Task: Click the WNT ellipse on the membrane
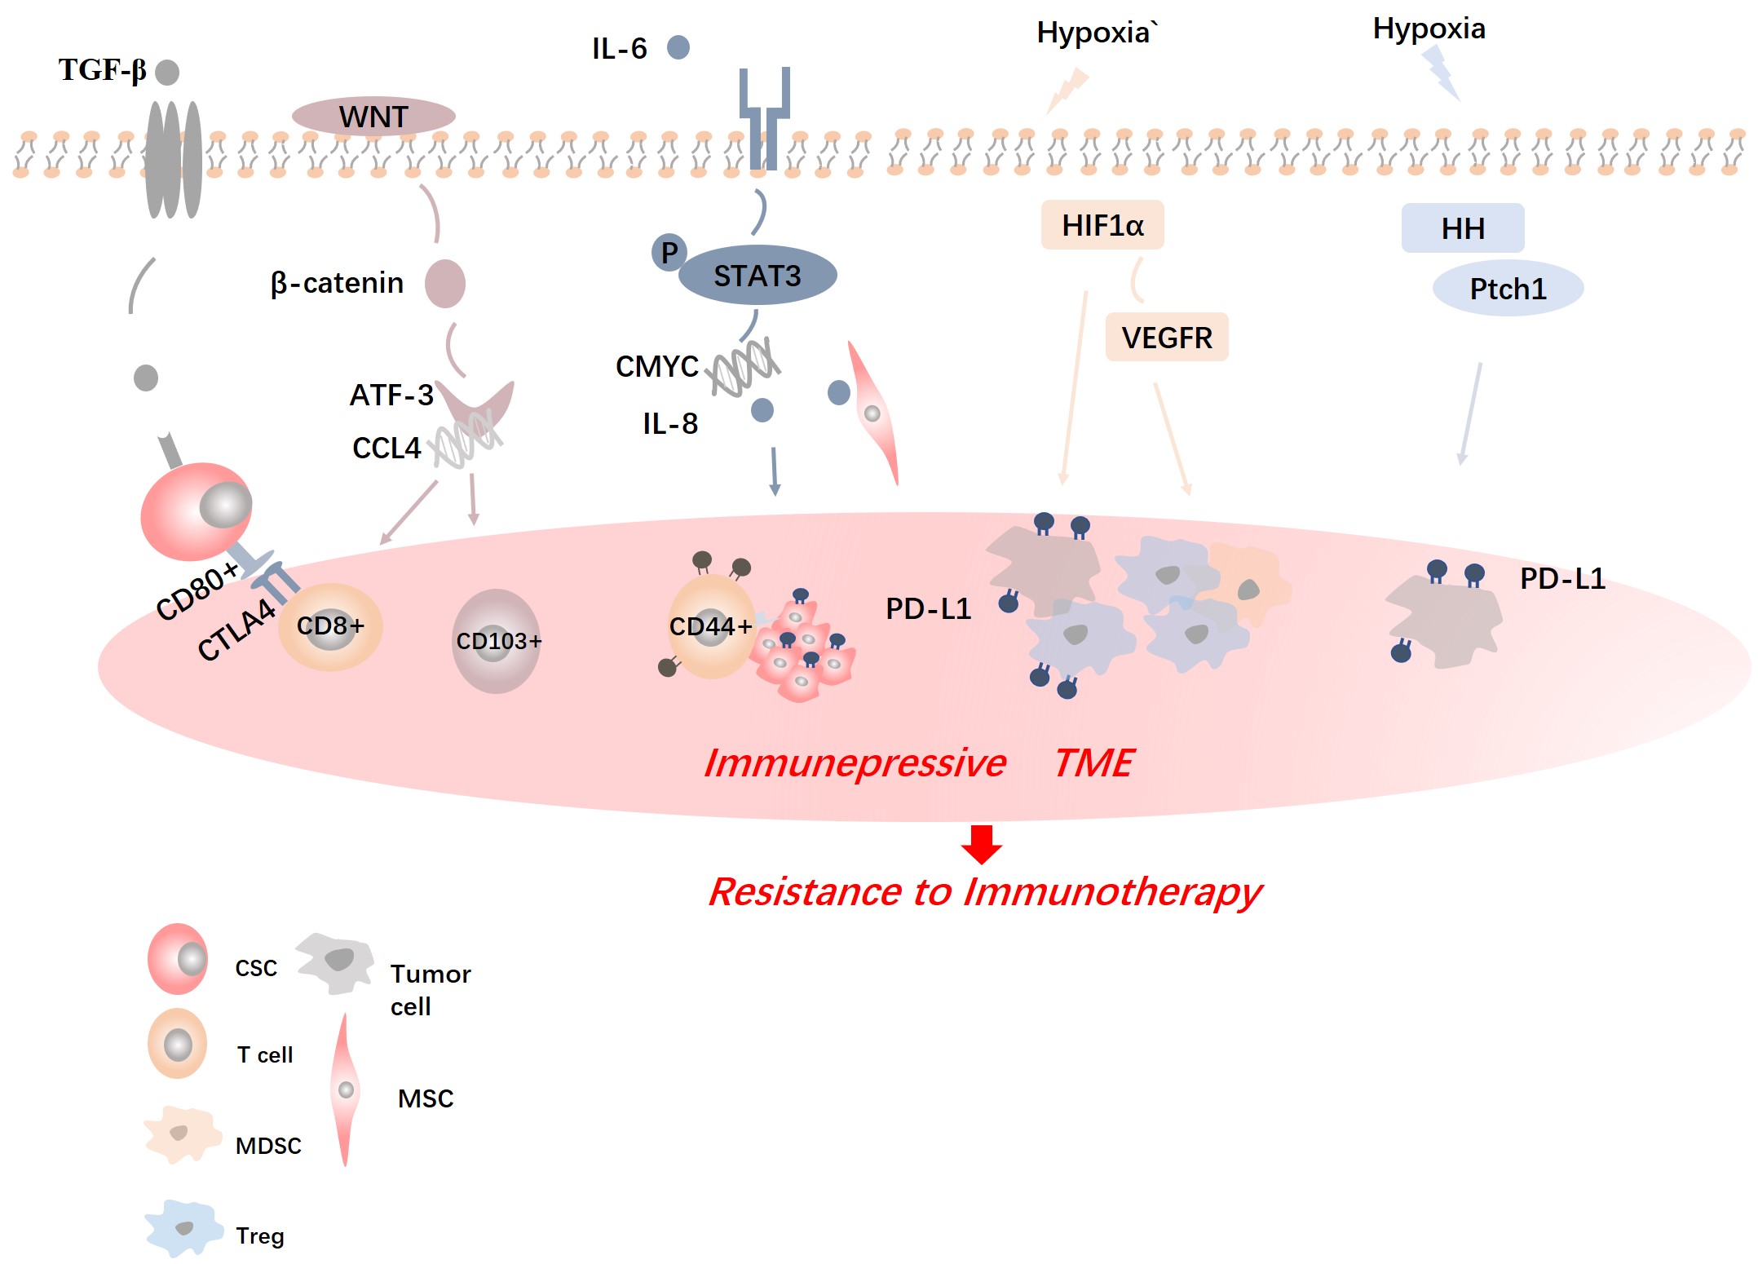[x=373, y=117]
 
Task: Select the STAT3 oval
[x=758, y=276]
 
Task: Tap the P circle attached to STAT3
[x=669, y=253]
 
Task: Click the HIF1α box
[x=1102, y=225]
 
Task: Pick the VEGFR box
[x=1167, y=337]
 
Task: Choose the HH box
[x=1463, y=228]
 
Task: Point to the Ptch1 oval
[x=1508, y=289]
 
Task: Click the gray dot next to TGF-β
[x=167, y=72]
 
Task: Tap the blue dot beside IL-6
[x=678, y=47]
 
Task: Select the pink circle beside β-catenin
[x=445, y=284]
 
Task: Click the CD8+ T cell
[x=330, y=626]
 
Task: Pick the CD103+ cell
[x=497, y=641]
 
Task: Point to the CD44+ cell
[x=710, y=626]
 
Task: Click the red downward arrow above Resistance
[x=982, y=844]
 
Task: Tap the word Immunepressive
[x=855, y=763]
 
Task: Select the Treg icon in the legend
[x=184, y=1228]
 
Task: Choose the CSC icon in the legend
[x=178, y=959]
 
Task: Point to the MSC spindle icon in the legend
[x=346, y=1089]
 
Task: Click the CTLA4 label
[x=236, y=630]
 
